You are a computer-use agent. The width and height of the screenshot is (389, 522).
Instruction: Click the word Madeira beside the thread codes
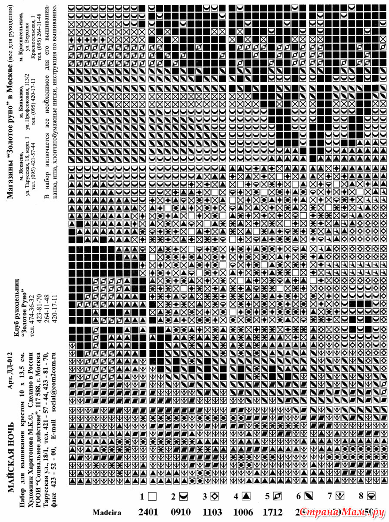point(107,512)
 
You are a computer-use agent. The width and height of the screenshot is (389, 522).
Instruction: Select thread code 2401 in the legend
point(148,512)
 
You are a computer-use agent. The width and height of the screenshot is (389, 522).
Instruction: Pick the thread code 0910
point(180,512)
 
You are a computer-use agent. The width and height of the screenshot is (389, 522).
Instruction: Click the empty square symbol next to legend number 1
point(153,496)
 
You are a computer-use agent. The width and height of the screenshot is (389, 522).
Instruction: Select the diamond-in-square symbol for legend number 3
point(215,496)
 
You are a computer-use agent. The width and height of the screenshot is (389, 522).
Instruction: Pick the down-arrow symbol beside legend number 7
point(340,496)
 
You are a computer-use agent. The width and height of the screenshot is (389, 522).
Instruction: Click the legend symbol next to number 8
point(371,496)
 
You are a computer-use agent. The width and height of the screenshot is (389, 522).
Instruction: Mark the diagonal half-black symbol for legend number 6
point(309,496)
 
